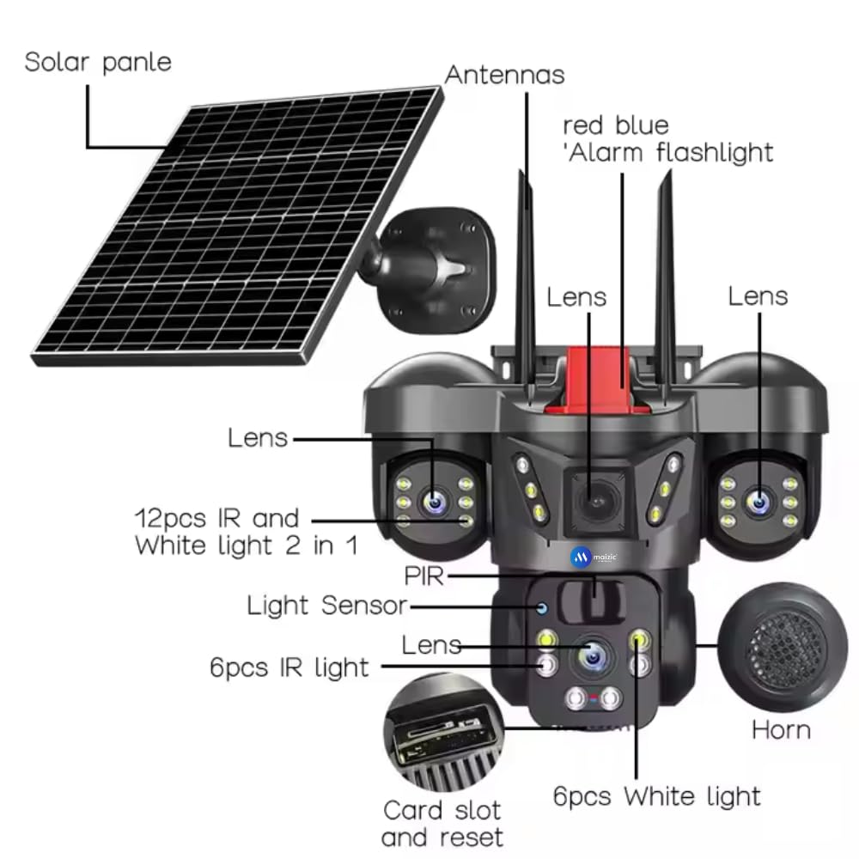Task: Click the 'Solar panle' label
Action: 97,63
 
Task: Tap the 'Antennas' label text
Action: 504,75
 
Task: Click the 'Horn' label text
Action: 781,730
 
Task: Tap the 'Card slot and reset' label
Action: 442,823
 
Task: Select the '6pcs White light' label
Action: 656,796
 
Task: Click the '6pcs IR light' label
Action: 289,667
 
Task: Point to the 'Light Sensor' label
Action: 326,606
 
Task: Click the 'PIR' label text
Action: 423,576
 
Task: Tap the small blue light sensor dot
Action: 542,608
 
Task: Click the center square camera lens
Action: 590,498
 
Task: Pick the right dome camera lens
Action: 758,500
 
